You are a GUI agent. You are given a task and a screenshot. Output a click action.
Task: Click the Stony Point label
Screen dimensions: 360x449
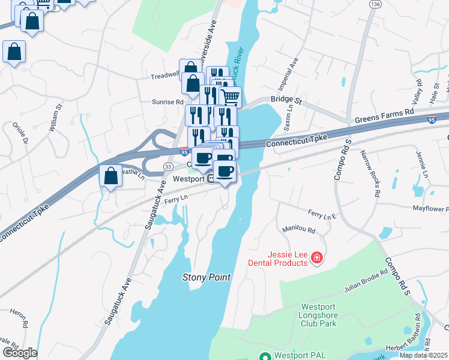pos(206,278)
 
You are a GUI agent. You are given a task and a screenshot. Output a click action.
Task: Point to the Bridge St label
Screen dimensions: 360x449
pos(285,99)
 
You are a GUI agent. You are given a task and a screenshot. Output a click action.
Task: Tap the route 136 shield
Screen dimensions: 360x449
pos(376,4)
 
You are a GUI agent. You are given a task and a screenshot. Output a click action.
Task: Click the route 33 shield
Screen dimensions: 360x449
pos(169,166)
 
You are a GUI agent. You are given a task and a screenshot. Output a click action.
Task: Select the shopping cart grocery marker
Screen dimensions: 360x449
pos(231,96)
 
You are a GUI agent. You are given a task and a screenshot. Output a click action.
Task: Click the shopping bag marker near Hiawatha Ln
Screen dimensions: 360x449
pos(110,176)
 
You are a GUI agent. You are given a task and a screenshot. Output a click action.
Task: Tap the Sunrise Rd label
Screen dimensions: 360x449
pos(167,102)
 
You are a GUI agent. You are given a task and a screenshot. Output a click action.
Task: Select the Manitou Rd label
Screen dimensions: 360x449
pos(298,229)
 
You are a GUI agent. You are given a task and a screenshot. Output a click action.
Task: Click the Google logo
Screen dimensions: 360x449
pos(19,353)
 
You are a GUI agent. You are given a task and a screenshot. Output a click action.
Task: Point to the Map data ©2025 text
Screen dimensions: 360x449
pos(423,355)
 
